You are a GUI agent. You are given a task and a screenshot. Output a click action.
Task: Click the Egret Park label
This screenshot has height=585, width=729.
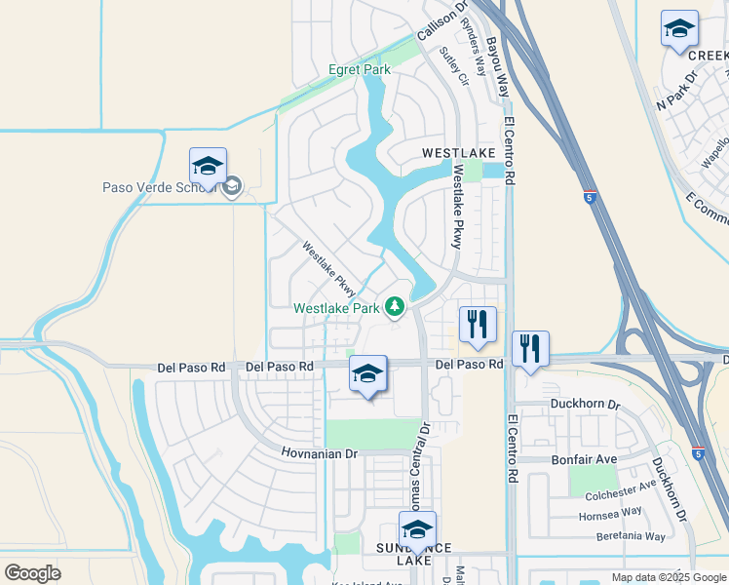359,70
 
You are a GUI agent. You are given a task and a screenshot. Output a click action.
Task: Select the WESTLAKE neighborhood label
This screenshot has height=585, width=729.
459,154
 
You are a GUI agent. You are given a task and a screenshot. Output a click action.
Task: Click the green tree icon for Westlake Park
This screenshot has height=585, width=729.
395,308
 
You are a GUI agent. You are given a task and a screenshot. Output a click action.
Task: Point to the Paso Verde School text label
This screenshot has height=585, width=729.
158,187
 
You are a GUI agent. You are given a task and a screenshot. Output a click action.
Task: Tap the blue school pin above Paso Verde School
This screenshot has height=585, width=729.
209,168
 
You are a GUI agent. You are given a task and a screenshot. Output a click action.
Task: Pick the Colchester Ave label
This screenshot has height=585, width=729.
620,493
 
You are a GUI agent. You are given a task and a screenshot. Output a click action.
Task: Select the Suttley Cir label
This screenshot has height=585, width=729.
454,66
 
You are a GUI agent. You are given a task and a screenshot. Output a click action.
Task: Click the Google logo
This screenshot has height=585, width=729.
32,573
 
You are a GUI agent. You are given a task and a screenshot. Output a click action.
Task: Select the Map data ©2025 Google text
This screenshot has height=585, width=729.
669,577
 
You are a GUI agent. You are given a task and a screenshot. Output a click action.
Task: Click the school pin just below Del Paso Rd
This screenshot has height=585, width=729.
367,375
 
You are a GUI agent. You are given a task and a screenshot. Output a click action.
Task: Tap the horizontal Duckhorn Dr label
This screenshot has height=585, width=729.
584,404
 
